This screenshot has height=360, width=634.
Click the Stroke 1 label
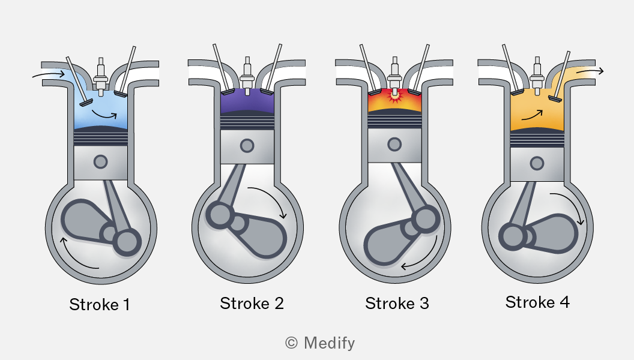pyautogui.click(x=100, y=305)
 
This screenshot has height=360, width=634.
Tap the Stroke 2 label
pyautogui.click(x=252, y=304)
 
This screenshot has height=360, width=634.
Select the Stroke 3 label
pyautogui.click(x=397, y=304)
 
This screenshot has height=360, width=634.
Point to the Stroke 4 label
pyautogui.click(x=537, y=302)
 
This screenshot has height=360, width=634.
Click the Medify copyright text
pyautogui.click(x=320, y=343)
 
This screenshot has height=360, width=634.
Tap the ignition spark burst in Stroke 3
pyautogui.click(x=394, y=96)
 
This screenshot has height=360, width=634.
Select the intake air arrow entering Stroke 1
pyautogui.click(x=49, y=74)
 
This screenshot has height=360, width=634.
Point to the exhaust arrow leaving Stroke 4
pyautogui.click(x=590, y=71)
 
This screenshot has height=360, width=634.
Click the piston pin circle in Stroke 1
pyautogui.click(x=101, y=162)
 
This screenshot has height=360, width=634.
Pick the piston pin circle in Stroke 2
pyautogui.click(x=247, y=145)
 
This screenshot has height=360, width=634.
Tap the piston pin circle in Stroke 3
pyautogui.click(x=394, y=144)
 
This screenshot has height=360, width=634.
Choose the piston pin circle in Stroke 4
pyautogui.click(x=537, y=164)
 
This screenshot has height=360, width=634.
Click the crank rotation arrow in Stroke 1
pyautogui.click(x=71, y=259)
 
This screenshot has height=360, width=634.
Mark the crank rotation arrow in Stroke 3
pyautogui.click(x=427, y=257)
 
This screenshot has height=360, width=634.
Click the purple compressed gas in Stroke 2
pyautogui.click(x=247, y=102)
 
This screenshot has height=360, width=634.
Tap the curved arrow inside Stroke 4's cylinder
pyautogui.click(x=532, y=116)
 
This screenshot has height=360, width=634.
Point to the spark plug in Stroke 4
pyautogui.click(x=537, y=76)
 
